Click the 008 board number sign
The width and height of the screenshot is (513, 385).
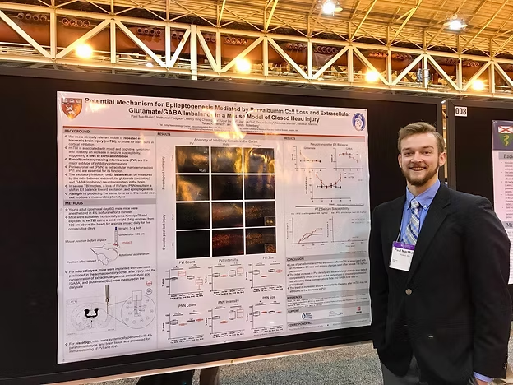tap(460, 111)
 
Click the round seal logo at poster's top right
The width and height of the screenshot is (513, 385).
tap(358, 121)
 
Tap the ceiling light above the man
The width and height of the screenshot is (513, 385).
tap(455, 24)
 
